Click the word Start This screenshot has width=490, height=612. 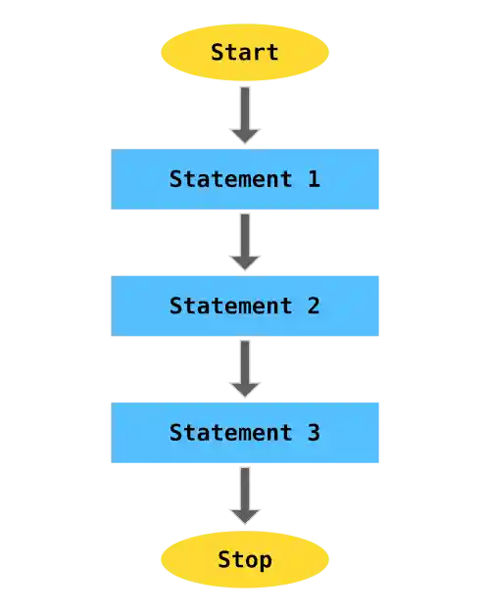coord(244,52)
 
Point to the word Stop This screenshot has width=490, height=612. coord(244,560)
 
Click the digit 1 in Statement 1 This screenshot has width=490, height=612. coord(313,179)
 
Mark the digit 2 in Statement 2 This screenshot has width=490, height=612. coord(313,306)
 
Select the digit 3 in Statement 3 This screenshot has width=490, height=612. coord(313,432)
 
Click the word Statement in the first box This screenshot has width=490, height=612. coord(230,179)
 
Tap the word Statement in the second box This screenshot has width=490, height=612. coord(230,306)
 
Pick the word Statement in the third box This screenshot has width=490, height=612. coord(230,432)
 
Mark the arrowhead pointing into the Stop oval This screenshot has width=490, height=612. coord(244,514)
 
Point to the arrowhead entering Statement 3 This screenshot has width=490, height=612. coord(244,388)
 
